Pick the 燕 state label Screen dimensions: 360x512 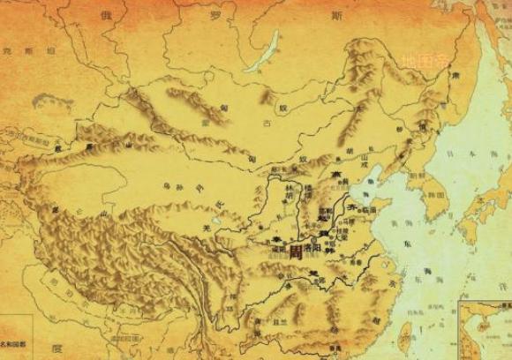click(x=335, y=175)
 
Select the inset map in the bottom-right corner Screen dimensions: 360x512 click(x=484, y=327)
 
